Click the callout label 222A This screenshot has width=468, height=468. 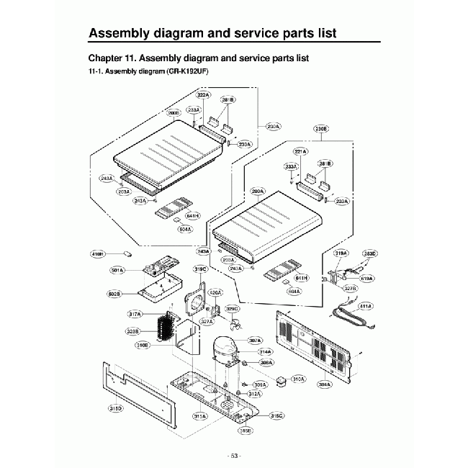(203, 95)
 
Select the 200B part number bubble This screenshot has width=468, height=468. (174, 112)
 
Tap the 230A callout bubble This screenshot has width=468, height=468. (273, 126)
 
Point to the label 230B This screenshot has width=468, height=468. (321, 130)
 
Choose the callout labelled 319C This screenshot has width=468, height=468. (201, 269)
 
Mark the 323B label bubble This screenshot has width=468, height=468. (132, 332)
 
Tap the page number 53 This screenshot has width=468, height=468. (233, 456)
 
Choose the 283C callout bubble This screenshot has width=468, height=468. (369, 253)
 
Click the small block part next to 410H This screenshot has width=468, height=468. (128, 253)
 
